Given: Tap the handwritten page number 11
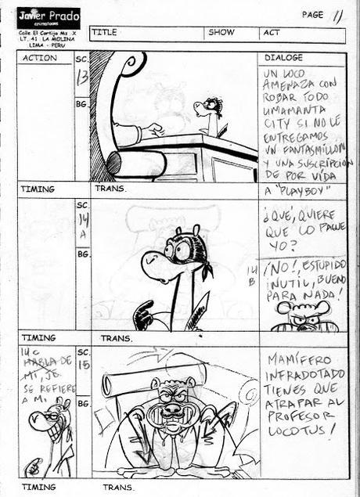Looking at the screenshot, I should tap(337, 15).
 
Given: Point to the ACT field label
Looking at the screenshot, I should tap(272, 33).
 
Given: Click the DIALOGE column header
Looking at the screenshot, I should tap(283, 58).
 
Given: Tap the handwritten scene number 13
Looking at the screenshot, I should tap(82, 76).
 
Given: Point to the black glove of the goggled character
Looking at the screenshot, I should tap(144, 315).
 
